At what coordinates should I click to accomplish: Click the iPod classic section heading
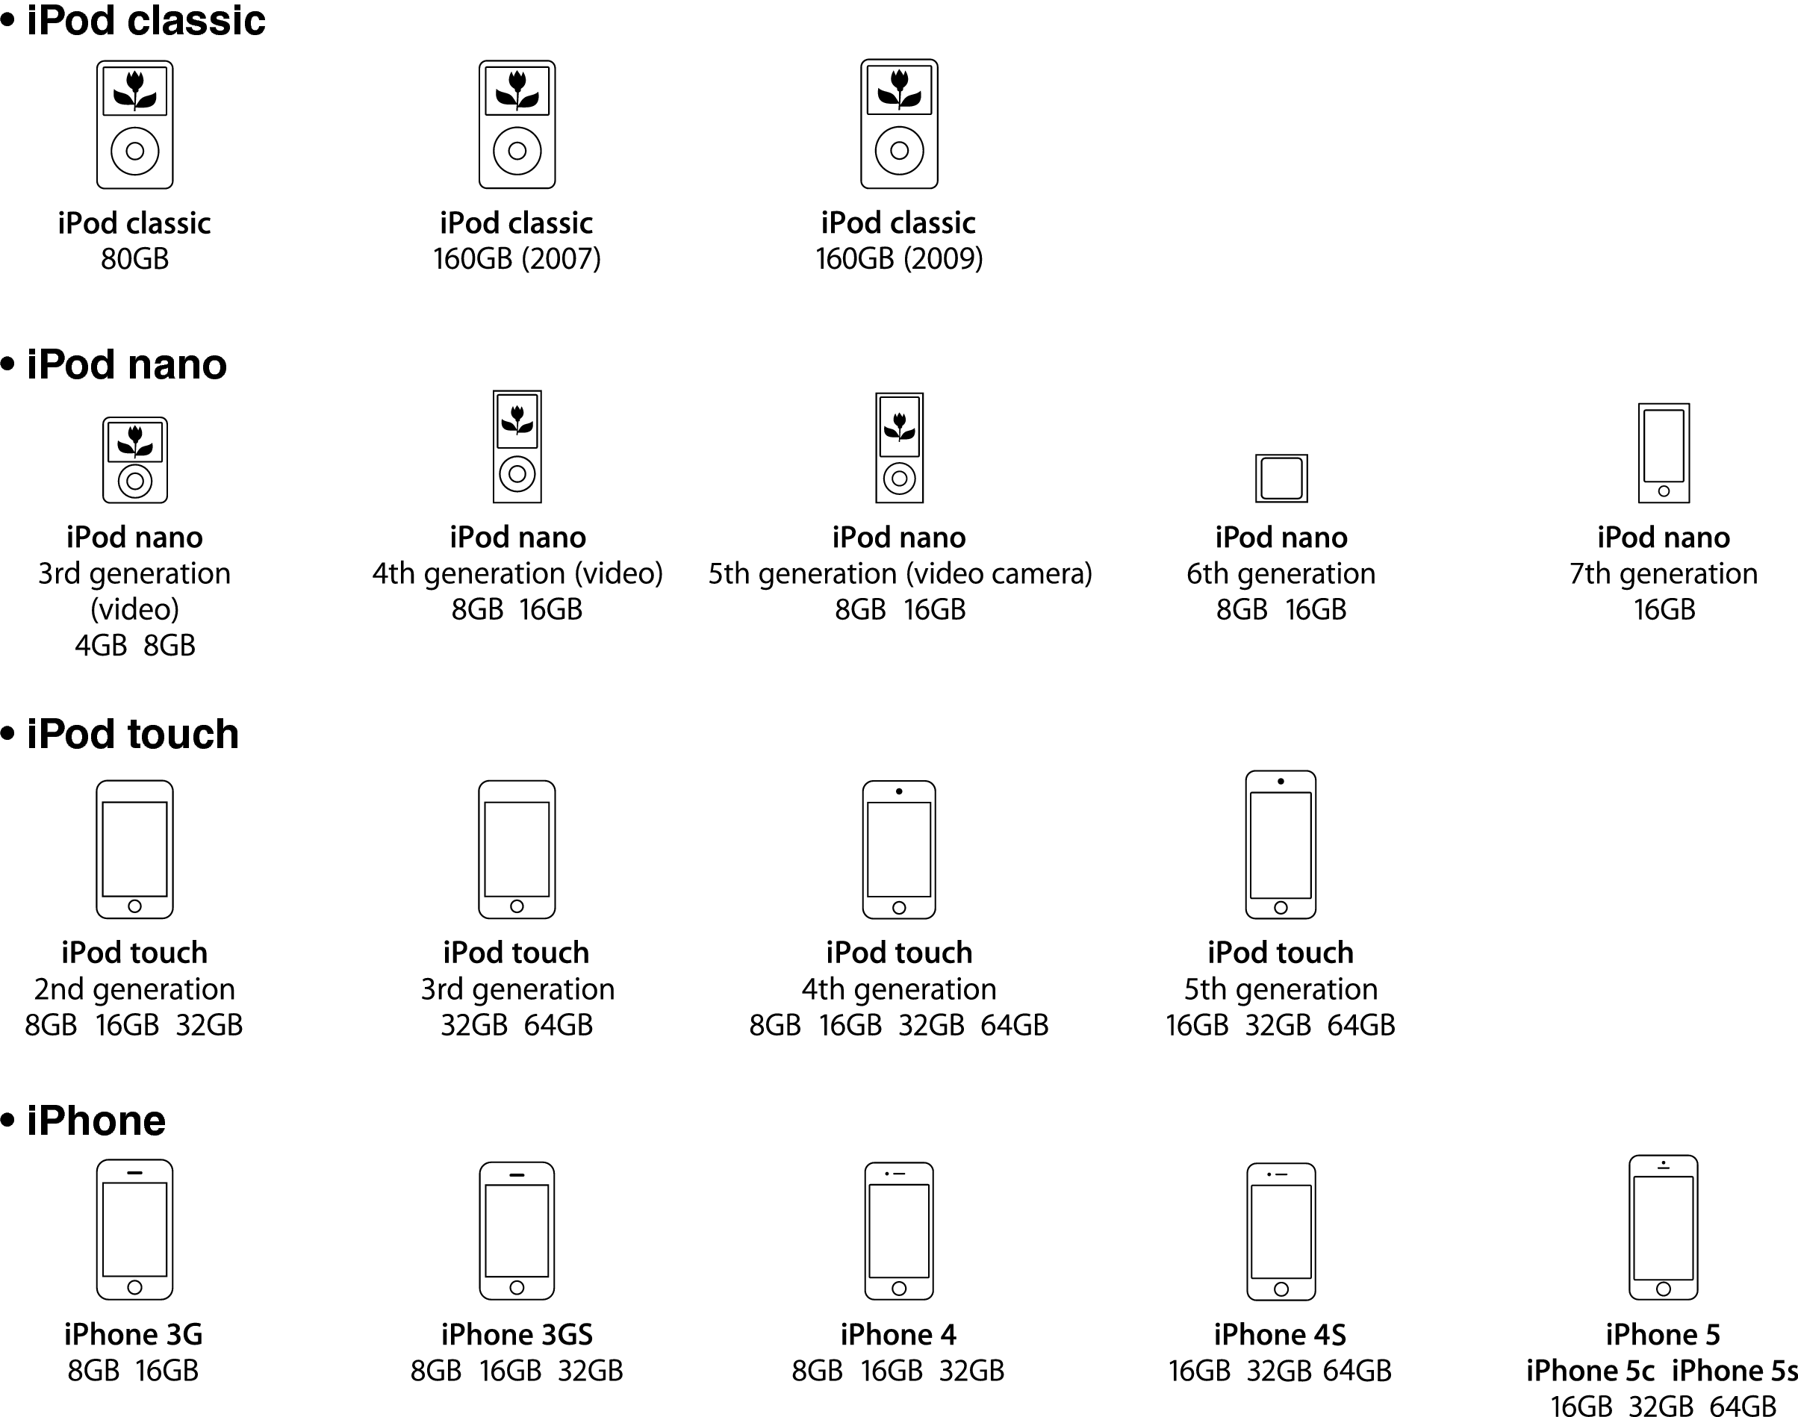(145, 20)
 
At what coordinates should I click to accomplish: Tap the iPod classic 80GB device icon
(134, 125)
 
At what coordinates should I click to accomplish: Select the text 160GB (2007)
(517, 259)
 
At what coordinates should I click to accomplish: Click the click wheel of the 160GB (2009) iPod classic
(900, 151)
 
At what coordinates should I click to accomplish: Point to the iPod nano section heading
(126, 364)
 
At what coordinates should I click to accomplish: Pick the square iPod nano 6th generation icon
(1281, 478)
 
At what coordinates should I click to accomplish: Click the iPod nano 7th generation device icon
(1664, 453)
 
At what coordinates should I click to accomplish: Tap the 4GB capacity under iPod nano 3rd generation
(100, 646)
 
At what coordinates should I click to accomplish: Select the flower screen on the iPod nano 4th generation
(517, 420)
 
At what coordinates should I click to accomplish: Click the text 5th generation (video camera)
(900, 573)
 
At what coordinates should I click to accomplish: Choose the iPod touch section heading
(132, 734)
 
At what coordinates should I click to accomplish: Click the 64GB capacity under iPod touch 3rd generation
(559, 1025)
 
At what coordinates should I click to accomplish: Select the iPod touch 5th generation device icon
(1281, 844)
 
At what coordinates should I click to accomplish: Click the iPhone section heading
(96, 1121)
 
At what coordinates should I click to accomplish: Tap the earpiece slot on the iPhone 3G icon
(134, 1172)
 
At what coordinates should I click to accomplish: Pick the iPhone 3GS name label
(517, 1335)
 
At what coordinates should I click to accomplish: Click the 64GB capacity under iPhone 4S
(1357, 1371)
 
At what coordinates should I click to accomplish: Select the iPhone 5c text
(1590, 1371)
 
